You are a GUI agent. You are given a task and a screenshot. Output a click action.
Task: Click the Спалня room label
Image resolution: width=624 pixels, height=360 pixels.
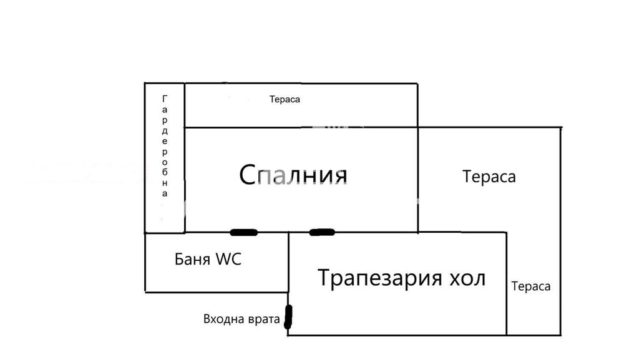(293, 175)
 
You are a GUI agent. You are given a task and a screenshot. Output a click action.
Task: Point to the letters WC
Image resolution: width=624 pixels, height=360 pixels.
(228, 259)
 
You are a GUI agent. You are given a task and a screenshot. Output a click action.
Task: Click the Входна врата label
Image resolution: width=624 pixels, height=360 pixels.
(241, 319)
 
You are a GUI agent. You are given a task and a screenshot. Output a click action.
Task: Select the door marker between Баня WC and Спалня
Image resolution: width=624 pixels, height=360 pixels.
(243, 233)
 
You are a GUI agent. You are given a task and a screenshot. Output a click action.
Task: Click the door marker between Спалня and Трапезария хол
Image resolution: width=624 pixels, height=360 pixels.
(322, 233)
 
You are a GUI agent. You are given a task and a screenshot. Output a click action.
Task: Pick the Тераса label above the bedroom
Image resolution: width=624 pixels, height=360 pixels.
(285, 99)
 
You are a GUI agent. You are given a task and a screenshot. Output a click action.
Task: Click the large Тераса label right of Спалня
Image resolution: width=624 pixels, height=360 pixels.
(489, 177)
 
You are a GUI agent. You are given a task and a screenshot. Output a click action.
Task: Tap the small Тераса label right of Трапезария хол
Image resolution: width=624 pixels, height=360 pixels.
(530, 286)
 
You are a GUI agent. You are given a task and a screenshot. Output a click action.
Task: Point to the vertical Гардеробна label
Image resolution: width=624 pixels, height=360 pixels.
(165, 146)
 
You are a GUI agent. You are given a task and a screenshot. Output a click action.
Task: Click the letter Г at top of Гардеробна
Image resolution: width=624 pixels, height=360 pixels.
(165, 99)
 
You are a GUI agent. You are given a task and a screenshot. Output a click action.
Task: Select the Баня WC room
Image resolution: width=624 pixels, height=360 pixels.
(216, 275)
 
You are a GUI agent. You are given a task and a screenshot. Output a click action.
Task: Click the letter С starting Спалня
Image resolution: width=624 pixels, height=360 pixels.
(248, 175)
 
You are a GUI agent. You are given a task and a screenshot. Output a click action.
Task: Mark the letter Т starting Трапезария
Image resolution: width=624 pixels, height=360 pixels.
(324, 277)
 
